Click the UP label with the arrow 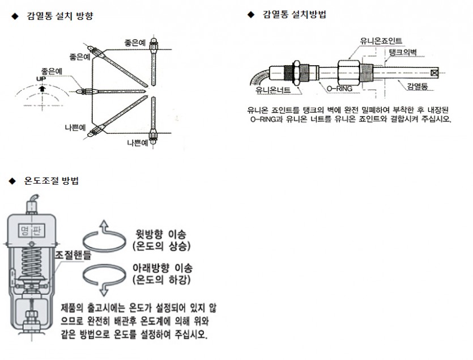pos(41,80)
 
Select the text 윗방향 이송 pos(161,234)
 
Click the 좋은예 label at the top pos(137,43)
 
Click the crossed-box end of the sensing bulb pos(434,73)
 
